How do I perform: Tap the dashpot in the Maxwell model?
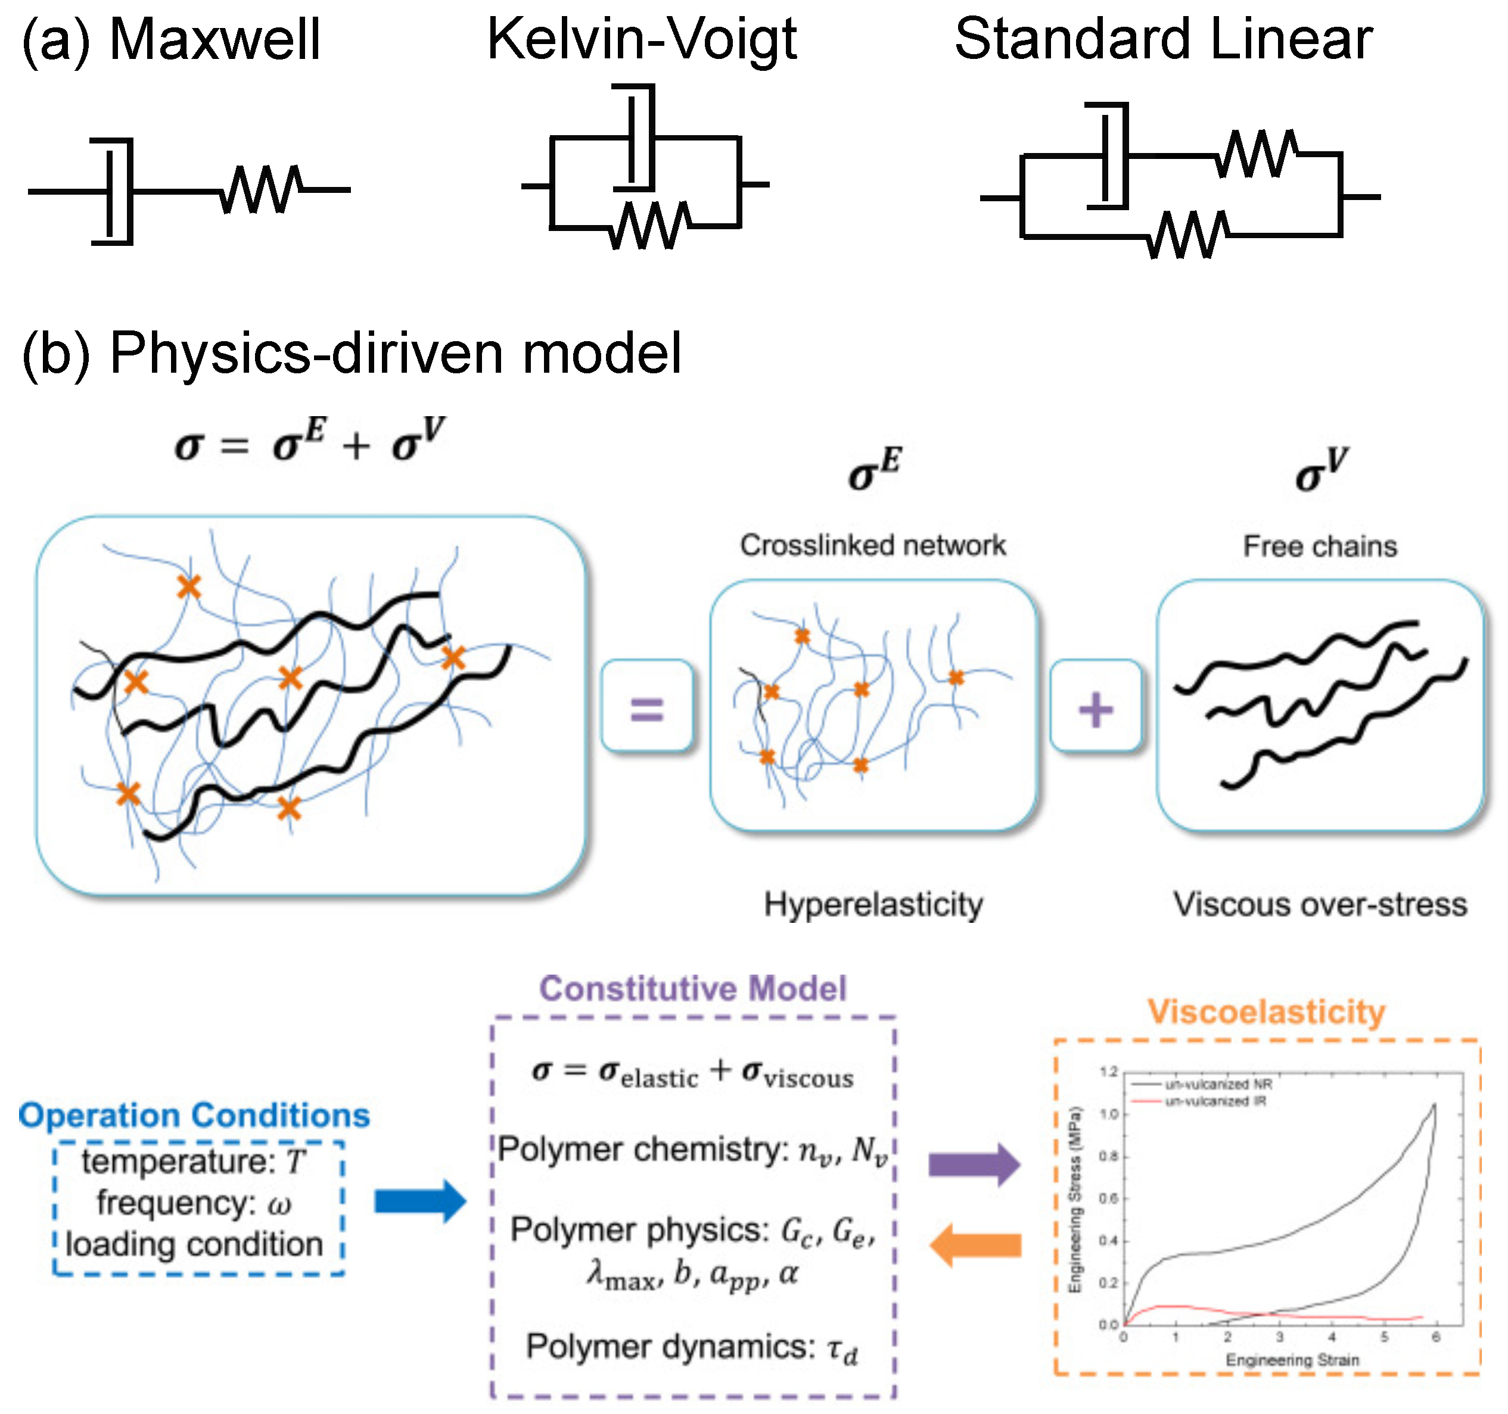[x=114, y=191]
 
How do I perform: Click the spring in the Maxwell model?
[x=262, y=189]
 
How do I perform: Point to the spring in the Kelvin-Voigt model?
[x=651, y=225]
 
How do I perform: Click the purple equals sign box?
[x=647, y=707]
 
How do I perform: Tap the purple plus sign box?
[x=1095, y=707]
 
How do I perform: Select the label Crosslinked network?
[x=872, y=545]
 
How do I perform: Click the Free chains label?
[x=1319, y=546]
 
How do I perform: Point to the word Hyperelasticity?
[x=872, y=904]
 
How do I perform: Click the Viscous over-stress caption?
[x=1319, y=904]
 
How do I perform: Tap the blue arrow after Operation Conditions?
[x=420, y=1201]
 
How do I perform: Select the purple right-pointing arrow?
[x=975, y=1164]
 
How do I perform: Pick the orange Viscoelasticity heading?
[x=1266, y=1012]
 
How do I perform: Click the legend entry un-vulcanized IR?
[x=1215, y=1101]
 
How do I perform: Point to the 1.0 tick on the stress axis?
[x=1109, y=1115]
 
